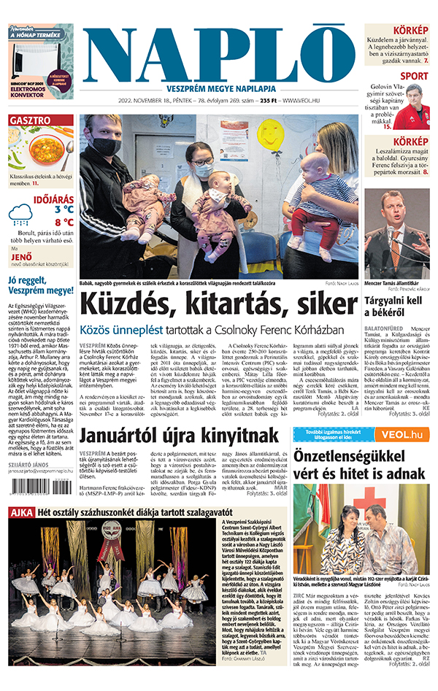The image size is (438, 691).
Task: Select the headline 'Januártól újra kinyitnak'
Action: click(179, 436)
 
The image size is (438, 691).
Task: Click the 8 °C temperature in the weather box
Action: click(64, 222)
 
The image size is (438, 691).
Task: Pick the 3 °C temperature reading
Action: click(64, 209)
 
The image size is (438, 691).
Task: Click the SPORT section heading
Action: click(414, 76)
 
